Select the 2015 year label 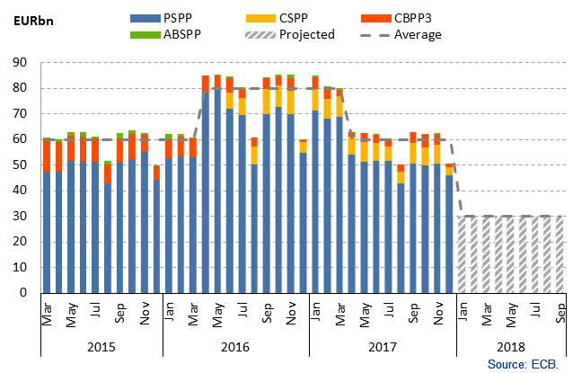click(x=101, y=345)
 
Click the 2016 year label click(x=235, y=345)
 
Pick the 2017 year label click(x=382, y=345)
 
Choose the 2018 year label click(x=510, y=345)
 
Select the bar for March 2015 click(x=47, y=216)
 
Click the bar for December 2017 click(x=450, y=229)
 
